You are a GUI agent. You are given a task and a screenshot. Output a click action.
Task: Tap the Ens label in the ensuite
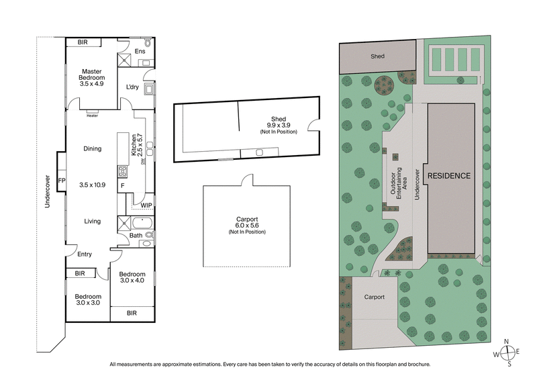[140, 51]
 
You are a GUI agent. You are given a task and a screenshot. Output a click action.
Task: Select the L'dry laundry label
[133, 87]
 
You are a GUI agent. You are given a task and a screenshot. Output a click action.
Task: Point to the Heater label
[93, 114]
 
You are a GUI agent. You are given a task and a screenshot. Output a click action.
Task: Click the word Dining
[93, 149]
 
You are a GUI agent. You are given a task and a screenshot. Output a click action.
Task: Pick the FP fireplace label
[62, 181]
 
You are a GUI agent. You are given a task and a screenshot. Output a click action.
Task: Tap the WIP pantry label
[146, 205]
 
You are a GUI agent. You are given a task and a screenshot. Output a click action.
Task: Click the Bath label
[136, 235]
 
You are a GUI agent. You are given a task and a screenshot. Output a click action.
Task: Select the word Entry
[85, 254]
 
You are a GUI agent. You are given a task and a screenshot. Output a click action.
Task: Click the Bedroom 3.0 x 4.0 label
[132, 277]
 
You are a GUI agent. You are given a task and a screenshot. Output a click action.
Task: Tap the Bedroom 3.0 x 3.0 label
[88, 300]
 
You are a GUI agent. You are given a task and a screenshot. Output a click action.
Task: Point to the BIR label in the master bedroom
[83, 42]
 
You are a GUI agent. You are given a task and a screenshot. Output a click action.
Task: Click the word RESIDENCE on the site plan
[450, 176]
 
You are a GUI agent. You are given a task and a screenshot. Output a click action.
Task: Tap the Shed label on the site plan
[377, 56]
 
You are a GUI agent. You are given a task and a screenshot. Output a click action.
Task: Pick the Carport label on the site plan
[374, 296]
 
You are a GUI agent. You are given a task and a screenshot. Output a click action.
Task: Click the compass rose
[509, 352]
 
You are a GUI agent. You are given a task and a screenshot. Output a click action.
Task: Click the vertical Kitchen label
[134, 146]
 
